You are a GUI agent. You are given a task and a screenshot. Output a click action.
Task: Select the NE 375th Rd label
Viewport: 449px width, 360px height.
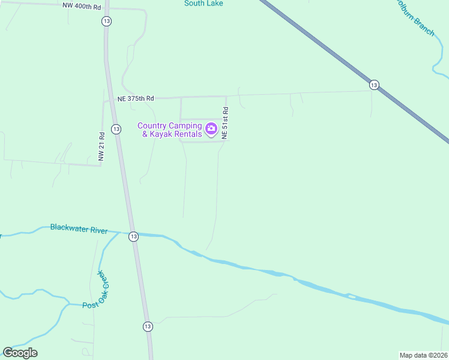click(136, 98)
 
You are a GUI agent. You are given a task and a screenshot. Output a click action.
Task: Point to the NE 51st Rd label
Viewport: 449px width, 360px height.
click(225, 123)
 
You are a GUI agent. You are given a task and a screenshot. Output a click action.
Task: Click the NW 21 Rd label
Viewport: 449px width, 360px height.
click(102, 147)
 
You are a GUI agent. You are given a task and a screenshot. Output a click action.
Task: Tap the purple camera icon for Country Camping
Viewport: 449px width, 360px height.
click(211, 128)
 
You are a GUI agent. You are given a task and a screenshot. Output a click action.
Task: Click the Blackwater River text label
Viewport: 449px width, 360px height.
click(79, 229)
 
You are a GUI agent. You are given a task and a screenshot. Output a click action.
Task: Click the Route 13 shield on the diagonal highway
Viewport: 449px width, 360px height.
click(374, 85)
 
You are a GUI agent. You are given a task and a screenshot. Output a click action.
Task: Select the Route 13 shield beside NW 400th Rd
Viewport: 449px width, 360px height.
click(106, 21)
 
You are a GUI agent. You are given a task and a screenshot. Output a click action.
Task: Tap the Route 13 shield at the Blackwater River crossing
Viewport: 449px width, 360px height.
click(133, 236)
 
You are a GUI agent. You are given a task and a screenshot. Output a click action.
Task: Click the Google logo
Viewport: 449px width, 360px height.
click(20, 353)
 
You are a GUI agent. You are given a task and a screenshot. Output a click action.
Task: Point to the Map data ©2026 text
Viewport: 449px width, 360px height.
click(423, 355)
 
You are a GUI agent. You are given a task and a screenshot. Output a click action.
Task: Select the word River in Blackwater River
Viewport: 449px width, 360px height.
click(97, 230)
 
